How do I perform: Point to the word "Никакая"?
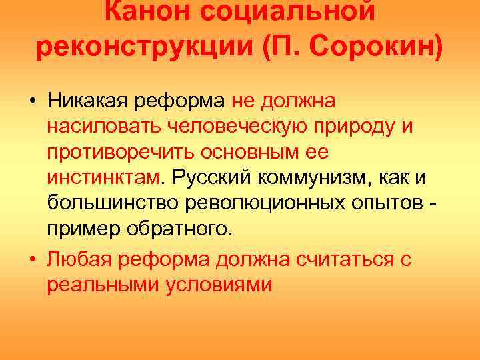[x=90, y=102]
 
